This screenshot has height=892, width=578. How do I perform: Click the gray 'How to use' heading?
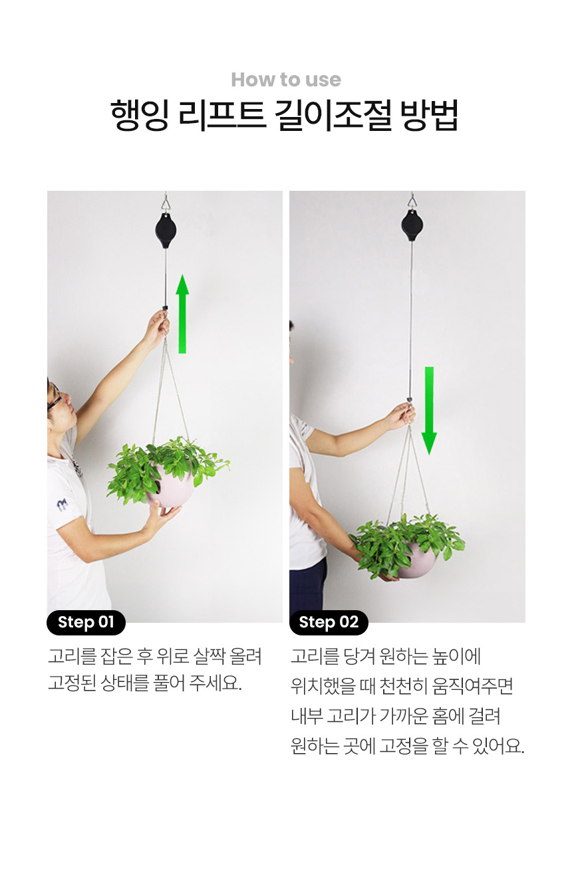(x=286, y=80)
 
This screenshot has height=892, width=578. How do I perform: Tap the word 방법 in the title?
(x=429, y=115)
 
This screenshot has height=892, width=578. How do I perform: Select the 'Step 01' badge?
(x=86, y=622)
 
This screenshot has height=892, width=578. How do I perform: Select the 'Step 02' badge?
(x=329, y=622)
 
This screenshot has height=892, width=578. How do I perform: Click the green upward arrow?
(x=182, y=313)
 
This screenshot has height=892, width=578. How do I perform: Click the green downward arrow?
(x=429, y=411)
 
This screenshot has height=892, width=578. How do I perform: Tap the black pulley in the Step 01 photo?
(x=166, y=231)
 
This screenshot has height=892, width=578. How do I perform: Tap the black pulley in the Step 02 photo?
(x=412, y=225)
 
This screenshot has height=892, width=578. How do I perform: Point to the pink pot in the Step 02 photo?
(x=416, y=560)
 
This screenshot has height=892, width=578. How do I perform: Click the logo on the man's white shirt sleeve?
(x=62, y=505)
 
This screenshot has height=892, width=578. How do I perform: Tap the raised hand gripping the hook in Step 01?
(x=157, y=324)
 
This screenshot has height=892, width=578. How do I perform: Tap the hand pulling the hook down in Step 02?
(x=400, y=415)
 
